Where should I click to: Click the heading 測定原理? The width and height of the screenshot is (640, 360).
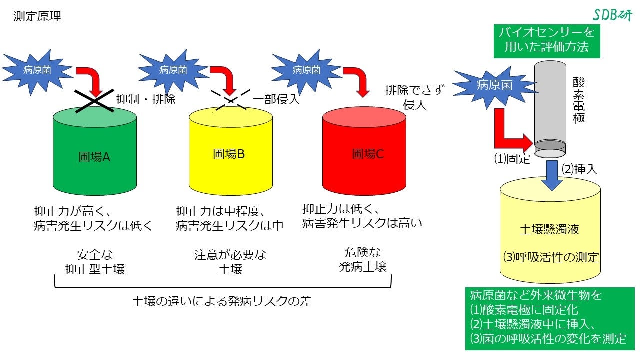point(38,17)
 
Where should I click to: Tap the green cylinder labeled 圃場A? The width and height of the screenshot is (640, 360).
point(94,155)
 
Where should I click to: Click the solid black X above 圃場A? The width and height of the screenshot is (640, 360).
point(95,100)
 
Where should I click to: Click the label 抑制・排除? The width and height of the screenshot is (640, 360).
point(146,99)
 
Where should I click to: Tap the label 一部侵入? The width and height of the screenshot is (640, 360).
point(276,99)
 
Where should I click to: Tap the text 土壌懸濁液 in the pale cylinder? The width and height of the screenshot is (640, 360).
point(549,230)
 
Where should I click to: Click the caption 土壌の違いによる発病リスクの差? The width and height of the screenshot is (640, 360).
point(222,301)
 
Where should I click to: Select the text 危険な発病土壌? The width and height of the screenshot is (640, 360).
point(363,259)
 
